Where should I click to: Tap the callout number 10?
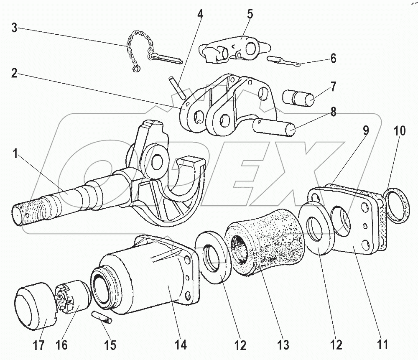[399, 130]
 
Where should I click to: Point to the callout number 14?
[181, 345]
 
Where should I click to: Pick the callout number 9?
[365, 130]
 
